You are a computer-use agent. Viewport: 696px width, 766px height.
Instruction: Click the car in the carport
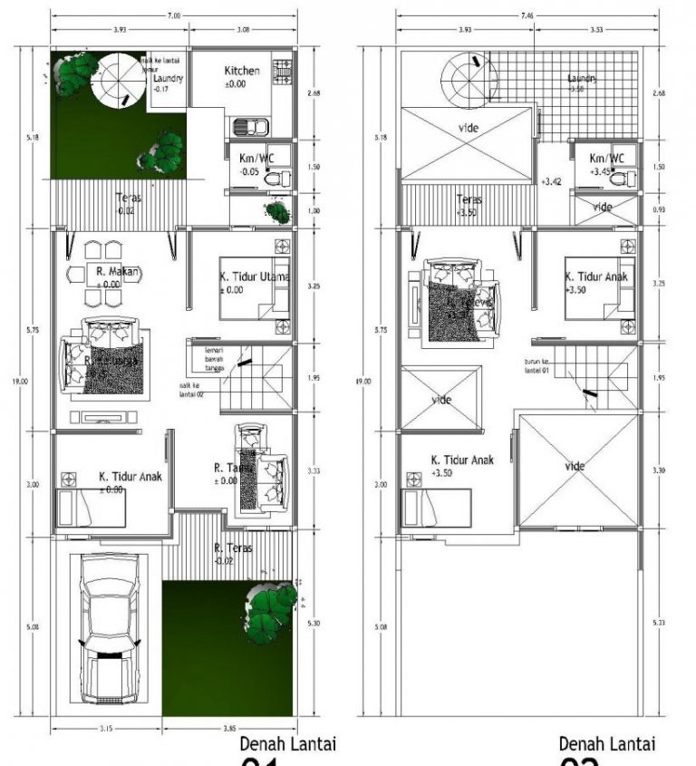pyautogui.click(x=108, y=628)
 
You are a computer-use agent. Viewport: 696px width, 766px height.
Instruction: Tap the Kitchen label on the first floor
pyautogui.click(x=242, y=71)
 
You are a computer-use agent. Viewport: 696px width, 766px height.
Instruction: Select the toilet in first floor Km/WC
pyautogui.click(x=275, y=179)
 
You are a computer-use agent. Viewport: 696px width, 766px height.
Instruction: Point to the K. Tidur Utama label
pyautogui.click(x=254, y=276)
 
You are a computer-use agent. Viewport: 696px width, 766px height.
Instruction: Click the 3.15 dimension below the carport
pyautogui.click(x=106, y=728)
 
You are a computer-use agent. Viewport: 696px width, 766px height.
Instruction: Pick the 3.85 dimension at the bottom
pyautogui.click(x=229, y=728)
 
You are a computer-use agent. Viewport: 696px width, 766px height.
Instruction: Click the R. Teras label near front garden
pyautogui.click(x=233, y=548)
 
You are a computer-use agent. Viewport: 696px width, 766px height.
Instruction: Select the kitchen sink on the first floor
pyautogui.click(x=247, y=127)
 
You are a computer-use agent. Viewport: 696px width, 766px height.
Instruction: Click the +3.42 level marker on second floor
pyautogui.click(x=551, y=181)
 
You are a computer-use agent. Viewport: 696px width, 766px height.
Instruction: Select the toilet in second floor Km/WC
pyautogui.click(x=623, y=179)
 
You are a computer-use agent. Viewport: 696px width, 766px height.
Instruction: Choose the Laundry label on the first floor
pyautogui.click(x=168, y=78)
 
